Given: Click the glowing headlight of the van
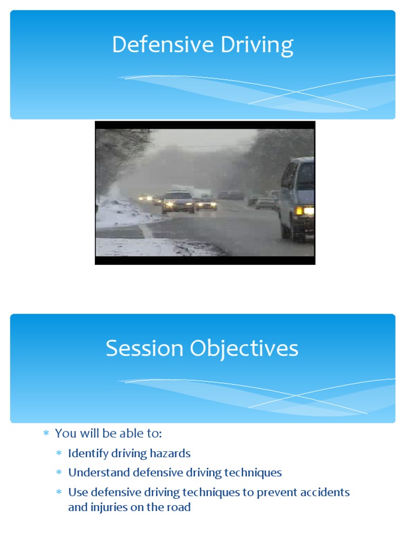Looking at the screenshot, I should tap(304, 211).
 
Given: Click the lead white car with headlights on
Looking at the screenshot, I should tap(178, 202).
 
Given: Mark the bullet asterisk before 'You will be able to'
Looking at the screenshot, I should tap(46, 434).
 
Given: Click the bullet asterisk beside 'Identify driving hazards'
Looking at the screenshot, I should tap(59, 454).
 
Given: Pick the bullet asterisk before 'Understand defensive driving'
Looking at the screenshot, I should tap(59, 473).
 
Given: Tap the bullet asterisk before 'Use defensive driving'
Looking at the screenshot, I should tap(59, 493).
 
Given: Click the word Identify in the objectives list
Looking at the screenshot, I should tap(85, 454).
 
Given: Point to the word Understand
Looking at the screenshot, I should tap(99, 473).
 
